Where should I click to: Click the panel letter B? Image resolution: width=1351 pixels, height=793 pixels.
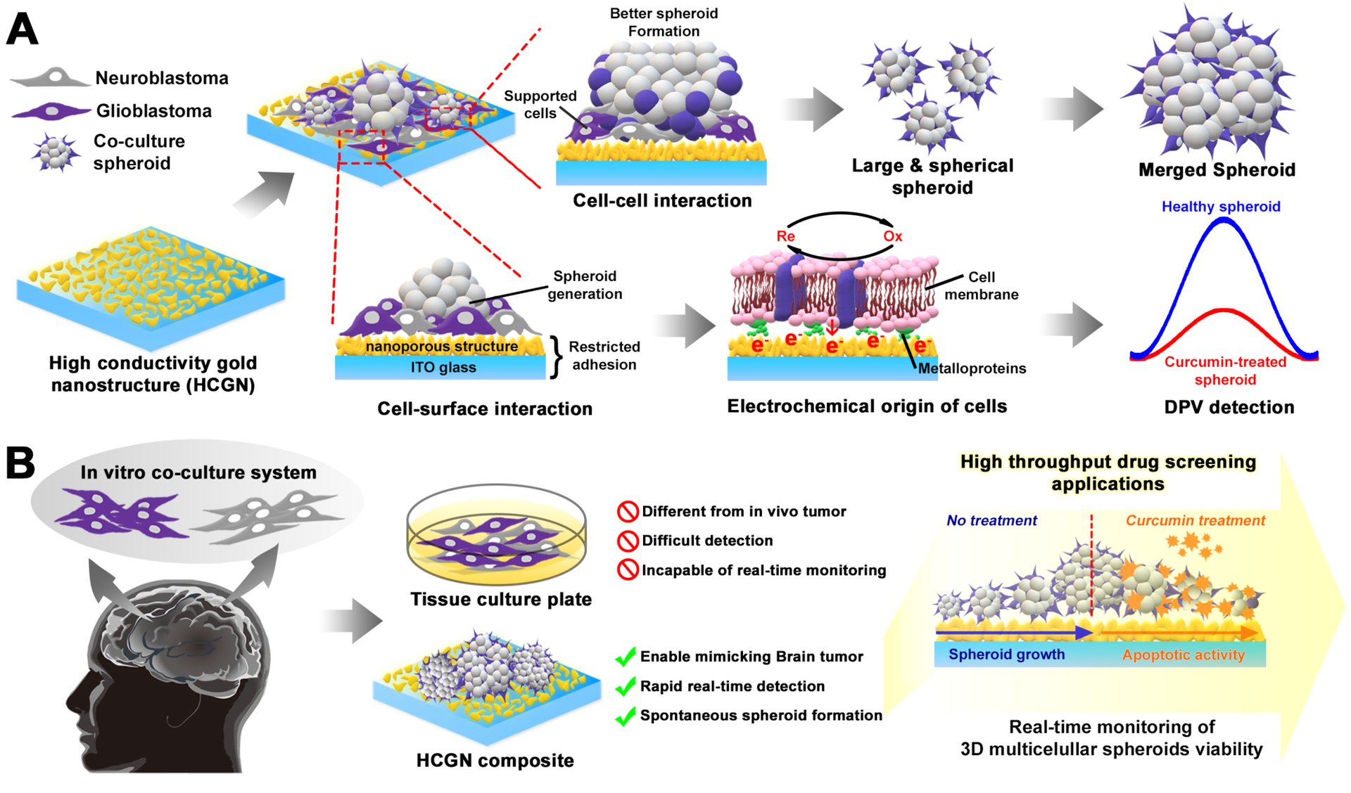click(20, 463)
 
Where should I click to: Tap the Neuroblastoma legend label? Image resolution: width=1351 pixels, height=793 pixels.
click(162, 78)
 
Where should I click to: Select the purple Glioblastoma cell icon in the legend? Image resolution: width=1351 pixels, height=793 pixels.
click(51, 111)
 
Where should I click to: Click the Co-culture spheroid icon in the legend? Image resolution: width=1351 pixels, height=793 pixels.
click(54, 152)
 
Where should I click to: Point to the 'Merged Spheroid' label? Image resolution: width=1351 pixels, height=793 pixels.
click(1217, 170)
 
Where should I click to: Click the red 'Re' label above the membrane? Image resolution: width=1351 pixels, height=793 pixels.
click(785, 236)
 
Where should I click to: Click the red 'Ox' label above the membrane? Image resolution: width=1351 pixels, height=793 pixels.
click(892, 236)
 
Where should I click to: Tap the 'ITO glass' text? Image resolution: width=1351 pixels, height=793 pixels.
click(443, 368)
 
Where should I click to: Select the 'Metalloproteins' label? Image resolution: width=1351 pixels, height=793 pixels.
click(972, 368)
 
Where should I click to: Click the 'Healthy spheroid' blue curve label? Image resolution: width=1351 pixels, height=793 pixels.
click(1221, 207)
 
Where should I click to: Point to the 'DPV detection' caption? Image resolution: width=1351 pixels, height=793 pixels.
click(1229, 407)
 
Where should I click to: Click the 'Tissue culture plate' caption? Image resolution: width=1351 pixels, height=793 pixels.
click(501, 599)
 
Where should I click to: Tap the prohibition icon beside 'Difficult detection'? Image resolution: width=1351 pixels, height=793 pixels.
click(627, 541)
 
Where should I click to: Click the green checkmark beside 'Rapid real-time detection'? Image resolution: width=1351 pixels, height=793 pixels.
click(626, 686)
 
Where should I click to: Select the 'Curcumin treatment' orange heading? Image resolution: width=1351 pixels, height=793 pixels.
click(1195, 520)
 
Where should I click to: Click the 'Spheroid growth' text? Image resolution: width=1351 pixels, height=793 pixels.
click(1006, 655)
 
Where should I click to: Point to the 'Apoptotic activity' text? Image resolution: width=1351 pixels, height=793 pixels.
click(1184, 655)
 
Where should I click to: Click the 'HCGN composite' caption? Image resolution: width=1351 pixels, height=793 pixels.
click(495, 761)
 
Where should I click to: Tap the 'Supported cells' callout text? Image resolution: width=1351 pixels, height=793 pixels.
click(540, 105)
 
